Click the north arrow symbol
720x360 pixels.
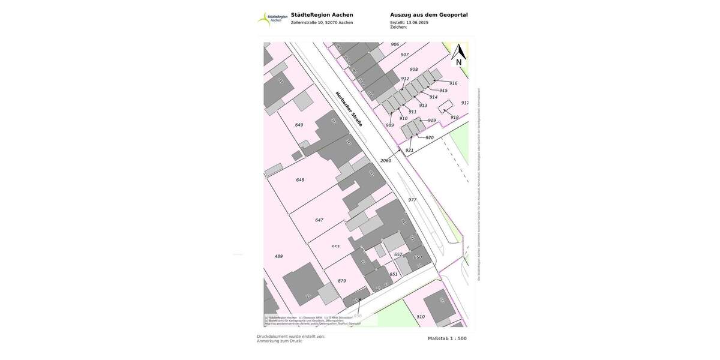tap(459, 55)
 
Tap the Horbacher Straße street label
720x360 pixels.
tap(349, 109)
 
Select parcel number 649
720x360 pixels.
tap(299, 125)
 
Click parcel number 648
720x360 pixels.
tap(300, 180)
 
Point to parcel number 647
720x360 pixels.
tap(319, 220)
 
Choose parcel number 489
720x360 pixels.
tap(278, 256)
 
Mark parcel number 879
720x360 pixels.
tap(342, 281)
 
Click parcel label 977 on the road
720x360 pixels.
tap(412, 200)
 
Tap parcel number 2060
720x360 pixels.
tap(386, 161)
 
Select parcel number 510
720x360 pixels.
tap(421, 317)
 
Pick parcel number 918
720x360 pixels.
tap(454, 118)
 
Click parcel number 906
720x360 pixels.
tap(395, 44)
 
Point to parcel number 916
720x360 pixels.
tap(453, 83)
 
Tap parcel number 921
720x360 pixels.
tap(409, 151)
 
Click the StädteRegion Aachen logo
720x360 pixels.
tap(272, 19)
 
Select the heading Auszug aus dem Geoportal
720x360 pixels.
tap(428, 15)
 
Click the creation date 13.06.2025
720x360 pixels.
tap(417, 22)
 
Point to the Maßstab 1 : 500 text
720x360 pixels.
tap(447, 338)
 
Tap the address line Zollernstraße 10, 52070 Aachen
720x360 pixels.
tap(322, 23)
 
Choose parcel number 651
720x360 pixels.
tap(394, 274)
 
